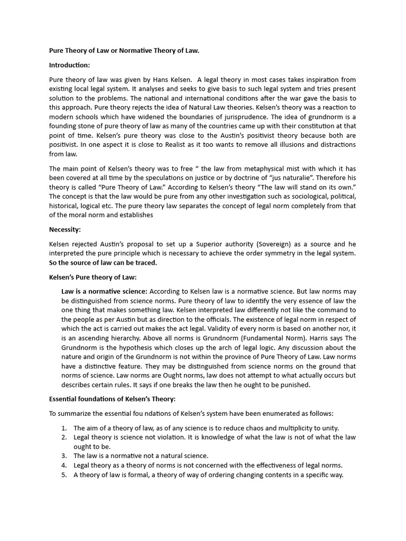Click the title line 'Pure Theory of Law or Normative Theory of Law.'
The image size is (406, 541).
(124, 51)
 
